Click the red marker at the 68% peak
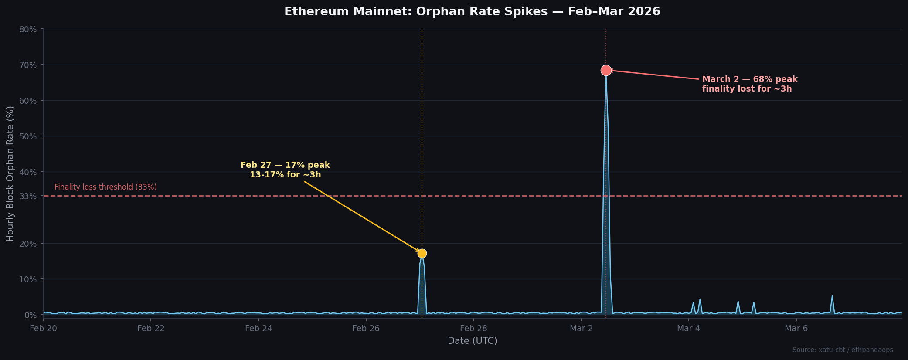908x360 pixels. (x=605, y=70)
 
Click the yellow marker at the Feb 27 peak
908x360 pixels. (x=422, y=253)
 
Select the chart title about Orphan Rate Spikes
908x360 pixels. (x=472, y=12)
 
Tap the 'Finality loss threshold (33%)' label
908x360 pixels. (x=105, y=187)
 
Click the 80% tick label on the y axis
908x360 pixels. (x=28, y=29)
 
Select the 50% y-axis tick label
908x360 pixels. (x=28, y=136)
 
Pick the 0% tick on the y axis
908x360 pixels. (x=31, y=315)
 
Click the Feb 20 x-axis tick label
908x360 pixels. (x=43, y=329)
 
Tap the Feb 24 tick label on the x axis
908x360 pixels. (x=258, y=329)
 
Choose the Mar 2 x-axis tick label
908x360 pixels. (x=581, y=329)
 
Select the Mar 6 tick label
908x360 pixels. (x=796, y=329)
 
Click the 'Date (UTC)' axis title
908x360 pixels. (x=472, y=341)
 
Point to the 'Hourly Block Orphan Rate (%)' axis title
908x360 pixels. (x=10, y=173)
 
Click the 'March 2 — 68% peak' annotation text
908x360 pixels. (x=749, y=79)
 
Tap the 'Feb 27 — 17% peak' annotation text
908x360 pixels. (x=285, y=166)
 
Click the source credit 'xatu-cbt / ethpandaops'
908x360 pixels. (x=842, y=350)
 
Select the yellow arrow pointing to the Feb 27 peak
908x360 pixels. (x=362, y=216)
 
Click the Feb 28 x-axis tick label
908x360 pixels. (x=473, y=329)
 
